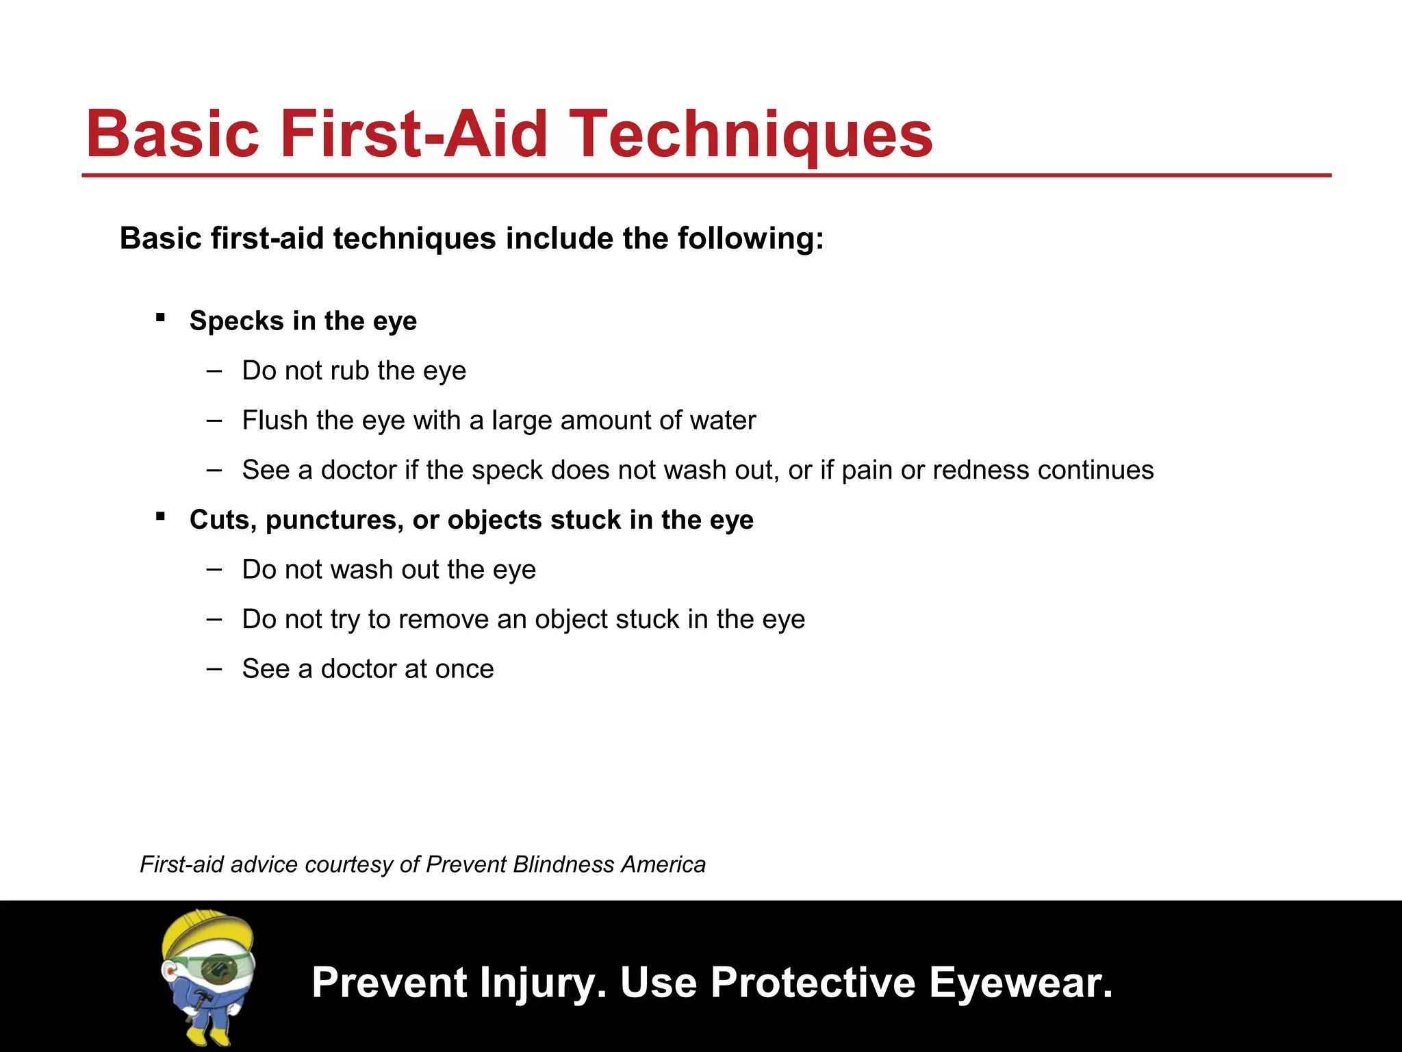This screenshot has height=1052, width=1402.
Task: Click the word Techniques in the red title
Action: [750, 134]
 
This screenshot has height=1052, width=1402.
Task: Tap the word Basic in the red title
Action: [173, 134]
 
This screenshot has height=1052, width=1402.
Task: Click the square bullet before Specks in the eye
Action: [160, 317]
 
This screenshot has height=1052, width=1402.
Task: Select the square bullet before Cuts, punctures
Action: [160, 516]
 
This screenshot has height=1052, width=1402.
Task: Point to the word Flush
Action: [270, 420]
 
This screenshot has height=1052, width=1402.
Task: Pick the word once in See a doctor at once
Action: [464, 669]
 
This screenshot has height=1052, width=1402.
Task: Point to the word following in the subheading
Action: [750, 239]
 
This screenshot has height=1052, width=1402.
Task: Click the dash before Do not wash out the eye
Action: [214, 568]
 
